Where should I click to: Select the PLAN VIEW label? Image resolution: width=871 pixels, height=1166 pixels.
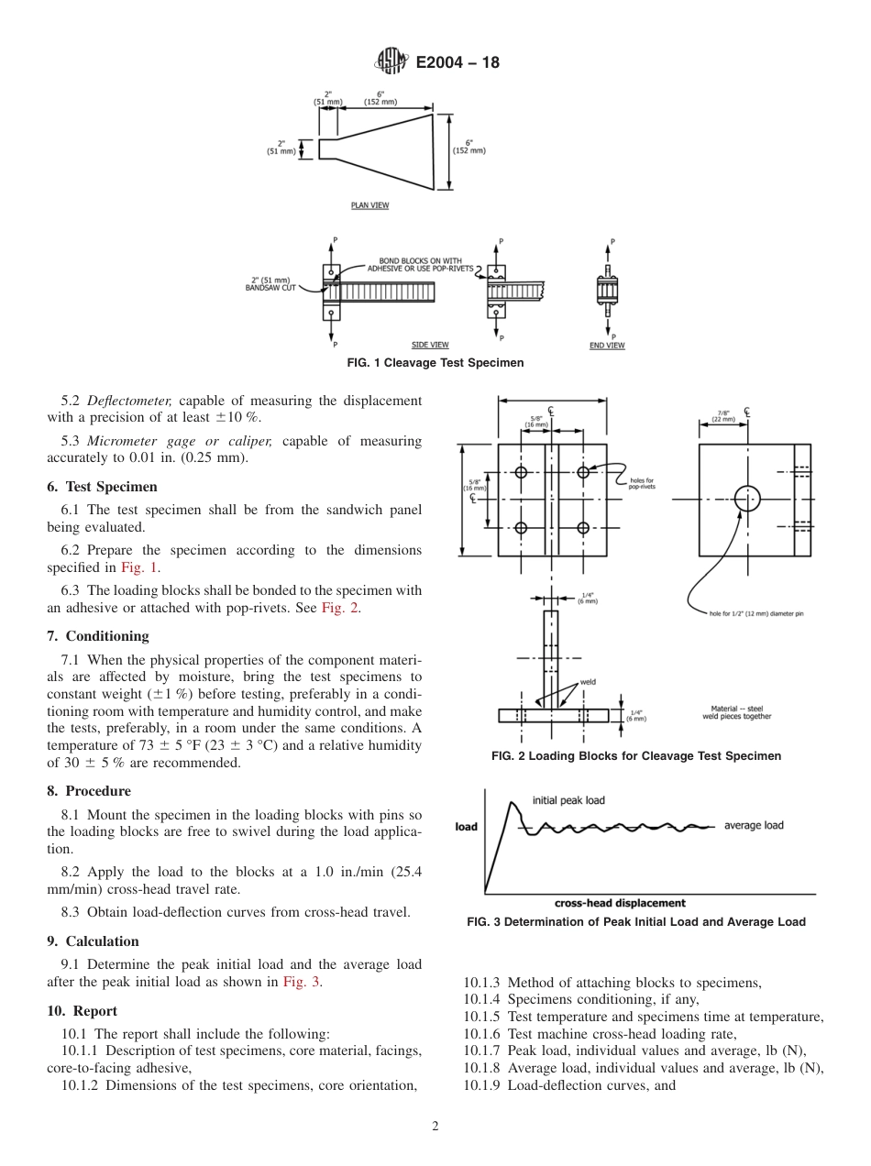(369, 205)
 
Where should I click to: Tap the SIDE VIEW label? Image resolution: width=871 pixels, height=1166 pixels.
(430, 345)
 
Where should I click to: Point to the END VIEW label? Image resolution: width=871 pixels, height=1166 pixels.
(606, 346)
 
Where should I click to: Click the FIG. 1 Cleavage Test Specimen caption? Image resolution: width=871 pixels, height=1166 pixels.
(435, 363)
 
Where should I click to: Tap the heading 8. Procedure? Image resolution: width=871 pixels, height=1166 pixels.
(89, 791)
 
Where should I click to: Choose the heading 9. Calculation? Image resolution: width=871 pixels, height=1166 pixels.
(93, 941)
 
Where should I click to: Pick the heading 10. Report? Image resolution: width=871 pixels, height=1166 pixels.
(82, 1011)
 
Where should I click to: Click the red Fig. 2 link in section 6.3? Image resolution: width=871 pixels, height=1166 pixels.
(339, 609)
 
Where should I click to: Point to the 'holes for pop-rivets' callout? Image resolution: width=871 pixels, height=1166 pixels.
(641, 484)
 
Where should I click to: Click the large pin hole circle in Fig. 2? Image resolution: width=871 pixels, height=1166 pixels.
(747, 500)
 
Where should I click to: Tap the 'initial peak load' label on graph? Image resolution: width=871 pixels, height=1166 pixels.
(568, 800)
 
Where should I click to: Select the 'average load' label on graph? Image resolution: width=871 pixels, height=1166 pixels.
(754, 825)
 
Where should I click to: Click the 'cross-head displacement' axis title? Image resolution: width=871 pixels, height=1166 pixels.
(620, 903)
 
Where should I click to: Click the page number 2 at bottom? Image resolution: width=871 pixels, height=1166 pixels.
(435, 1127)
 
